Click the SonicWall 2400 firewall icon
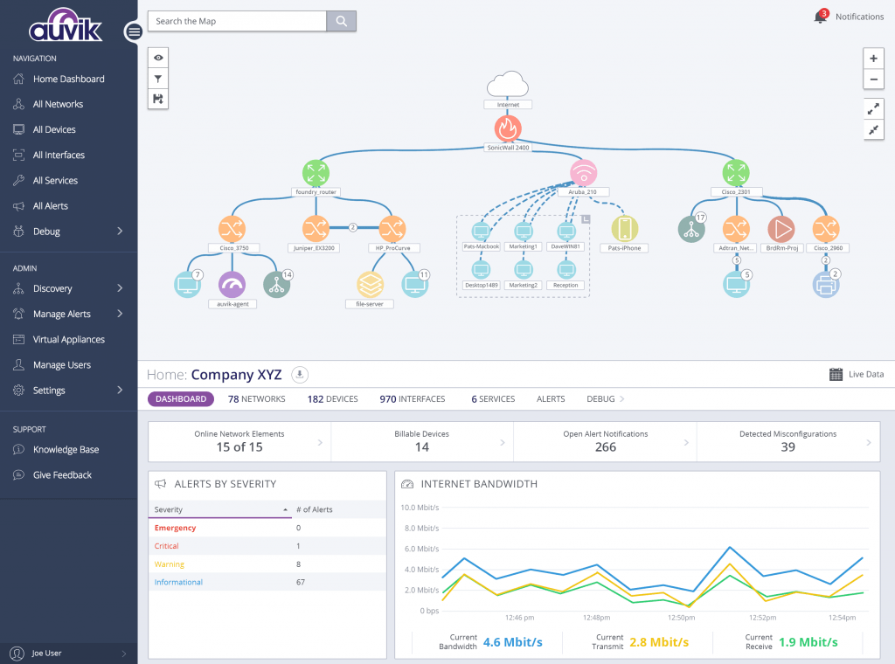(x=508, y=128)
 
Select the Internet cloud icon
(x=508, y=85)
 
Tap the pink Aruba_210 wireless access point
(x=583, y=172)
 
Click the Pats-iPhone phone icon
(x=624, y=229)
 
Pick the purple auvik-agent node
(x=232, y=285)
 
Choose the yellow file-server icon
(x=370, y=285)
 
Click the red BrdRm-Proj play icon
(x=781, y=229)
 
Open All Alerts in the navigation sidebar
(x=50, y=206)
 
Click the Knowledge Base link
(x=66, y=450)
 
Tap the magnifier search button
(x=342, y=21)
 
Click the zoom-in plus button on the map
(x=873, y=59)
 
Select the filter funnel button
(x=158, y=79)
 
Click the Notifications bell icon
(x=820, y=17)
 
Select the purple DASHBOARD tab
(x=181, y=398)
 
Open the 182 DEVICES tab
(x=333, y=398)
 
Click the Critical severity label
(x=167, y=546)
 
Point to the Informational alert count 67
(x=301, y=582)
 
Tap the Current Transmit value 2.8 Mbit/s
(x=659, y=642)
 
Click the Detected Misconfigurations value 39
(x=787, y=447)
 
